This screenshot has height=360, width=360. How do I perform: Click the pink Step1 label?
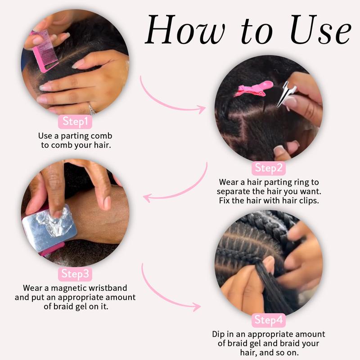(x=75, y=121)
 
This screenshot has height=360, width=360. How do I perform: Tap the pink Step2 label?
(x=269, y=168)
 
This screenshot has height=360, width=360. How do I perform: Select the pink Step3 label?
(x=75, y=274)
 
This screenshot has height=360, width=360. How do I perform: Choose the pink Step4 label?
(x=269, y=320)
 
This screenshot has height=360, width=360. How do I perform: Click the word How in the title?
(x=185, y=29)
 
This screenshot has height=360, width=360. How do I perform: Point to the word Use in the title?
(x=321, y=29)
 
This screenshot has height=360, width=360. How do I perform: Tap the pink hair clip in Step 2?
(x=254, y=89)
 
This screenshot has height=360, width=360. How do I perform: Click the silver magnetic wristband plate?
(x=49, y=228)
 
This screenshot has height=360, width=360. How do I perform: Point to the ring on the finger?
(x=92, y=109)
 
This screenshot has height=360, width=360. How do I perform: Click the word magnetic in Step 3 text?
(x=69, y=288)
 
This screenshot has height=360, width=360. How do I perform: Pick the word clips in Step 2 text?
(x=309, y=201)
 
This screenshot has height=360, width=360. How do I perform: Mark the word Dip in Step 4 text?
(x=218, y=334)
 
